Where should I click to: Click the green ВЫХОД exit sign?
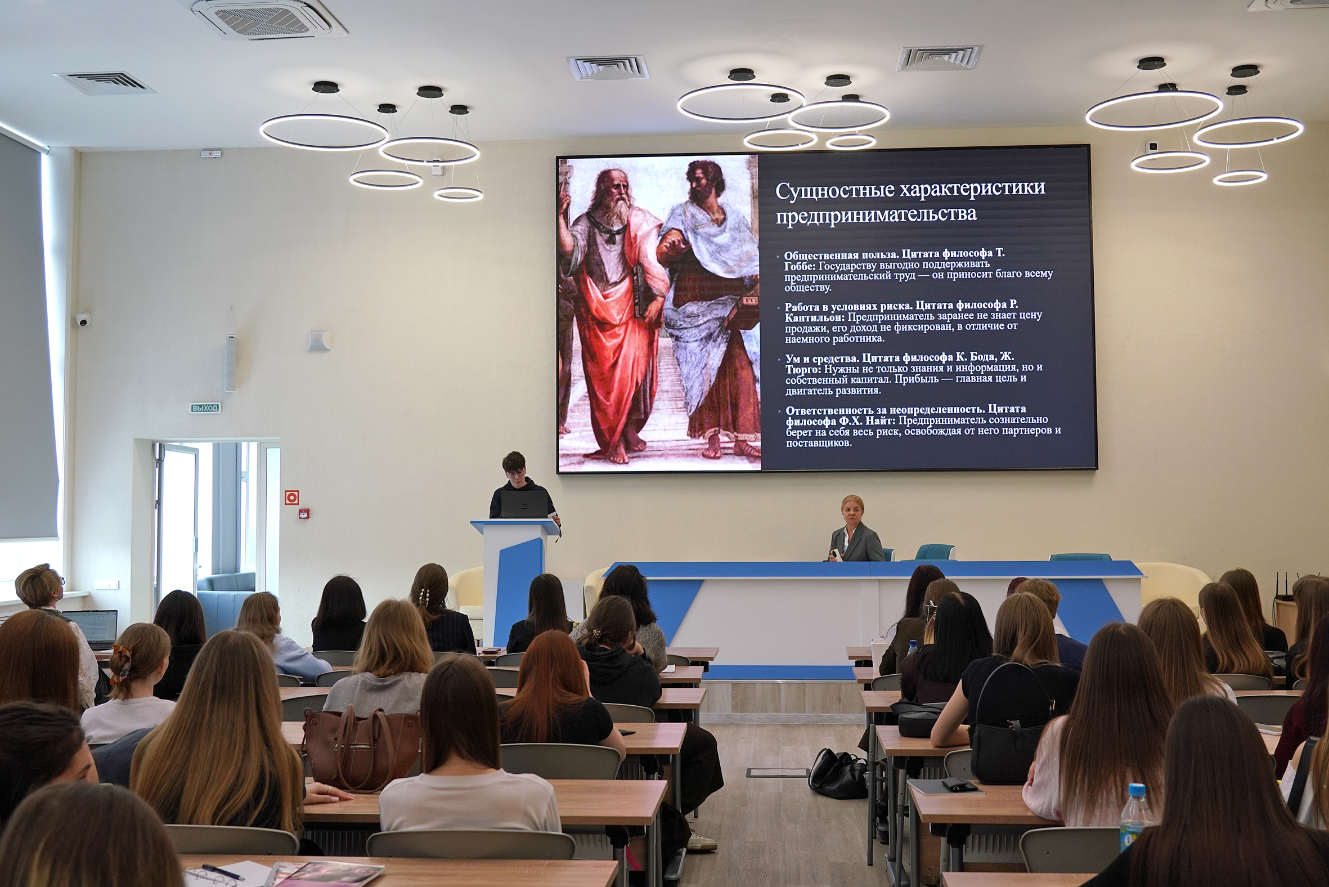coord(205,407)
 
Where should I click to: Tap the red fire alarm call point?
coord(304,514)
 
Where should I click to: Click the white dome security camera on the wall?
coord(83,320)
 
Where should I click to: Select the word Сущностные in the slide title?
coord(834,191)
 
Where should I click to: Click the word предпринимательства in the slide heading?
coord(876,214)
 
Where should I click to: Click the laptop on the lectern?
coord(524,504)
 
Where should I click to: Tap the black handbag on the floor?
coord(838,773)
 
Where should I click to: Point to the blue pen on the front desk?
coord(223,872)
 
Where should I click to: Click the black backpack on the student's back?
coord(1011,725)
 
